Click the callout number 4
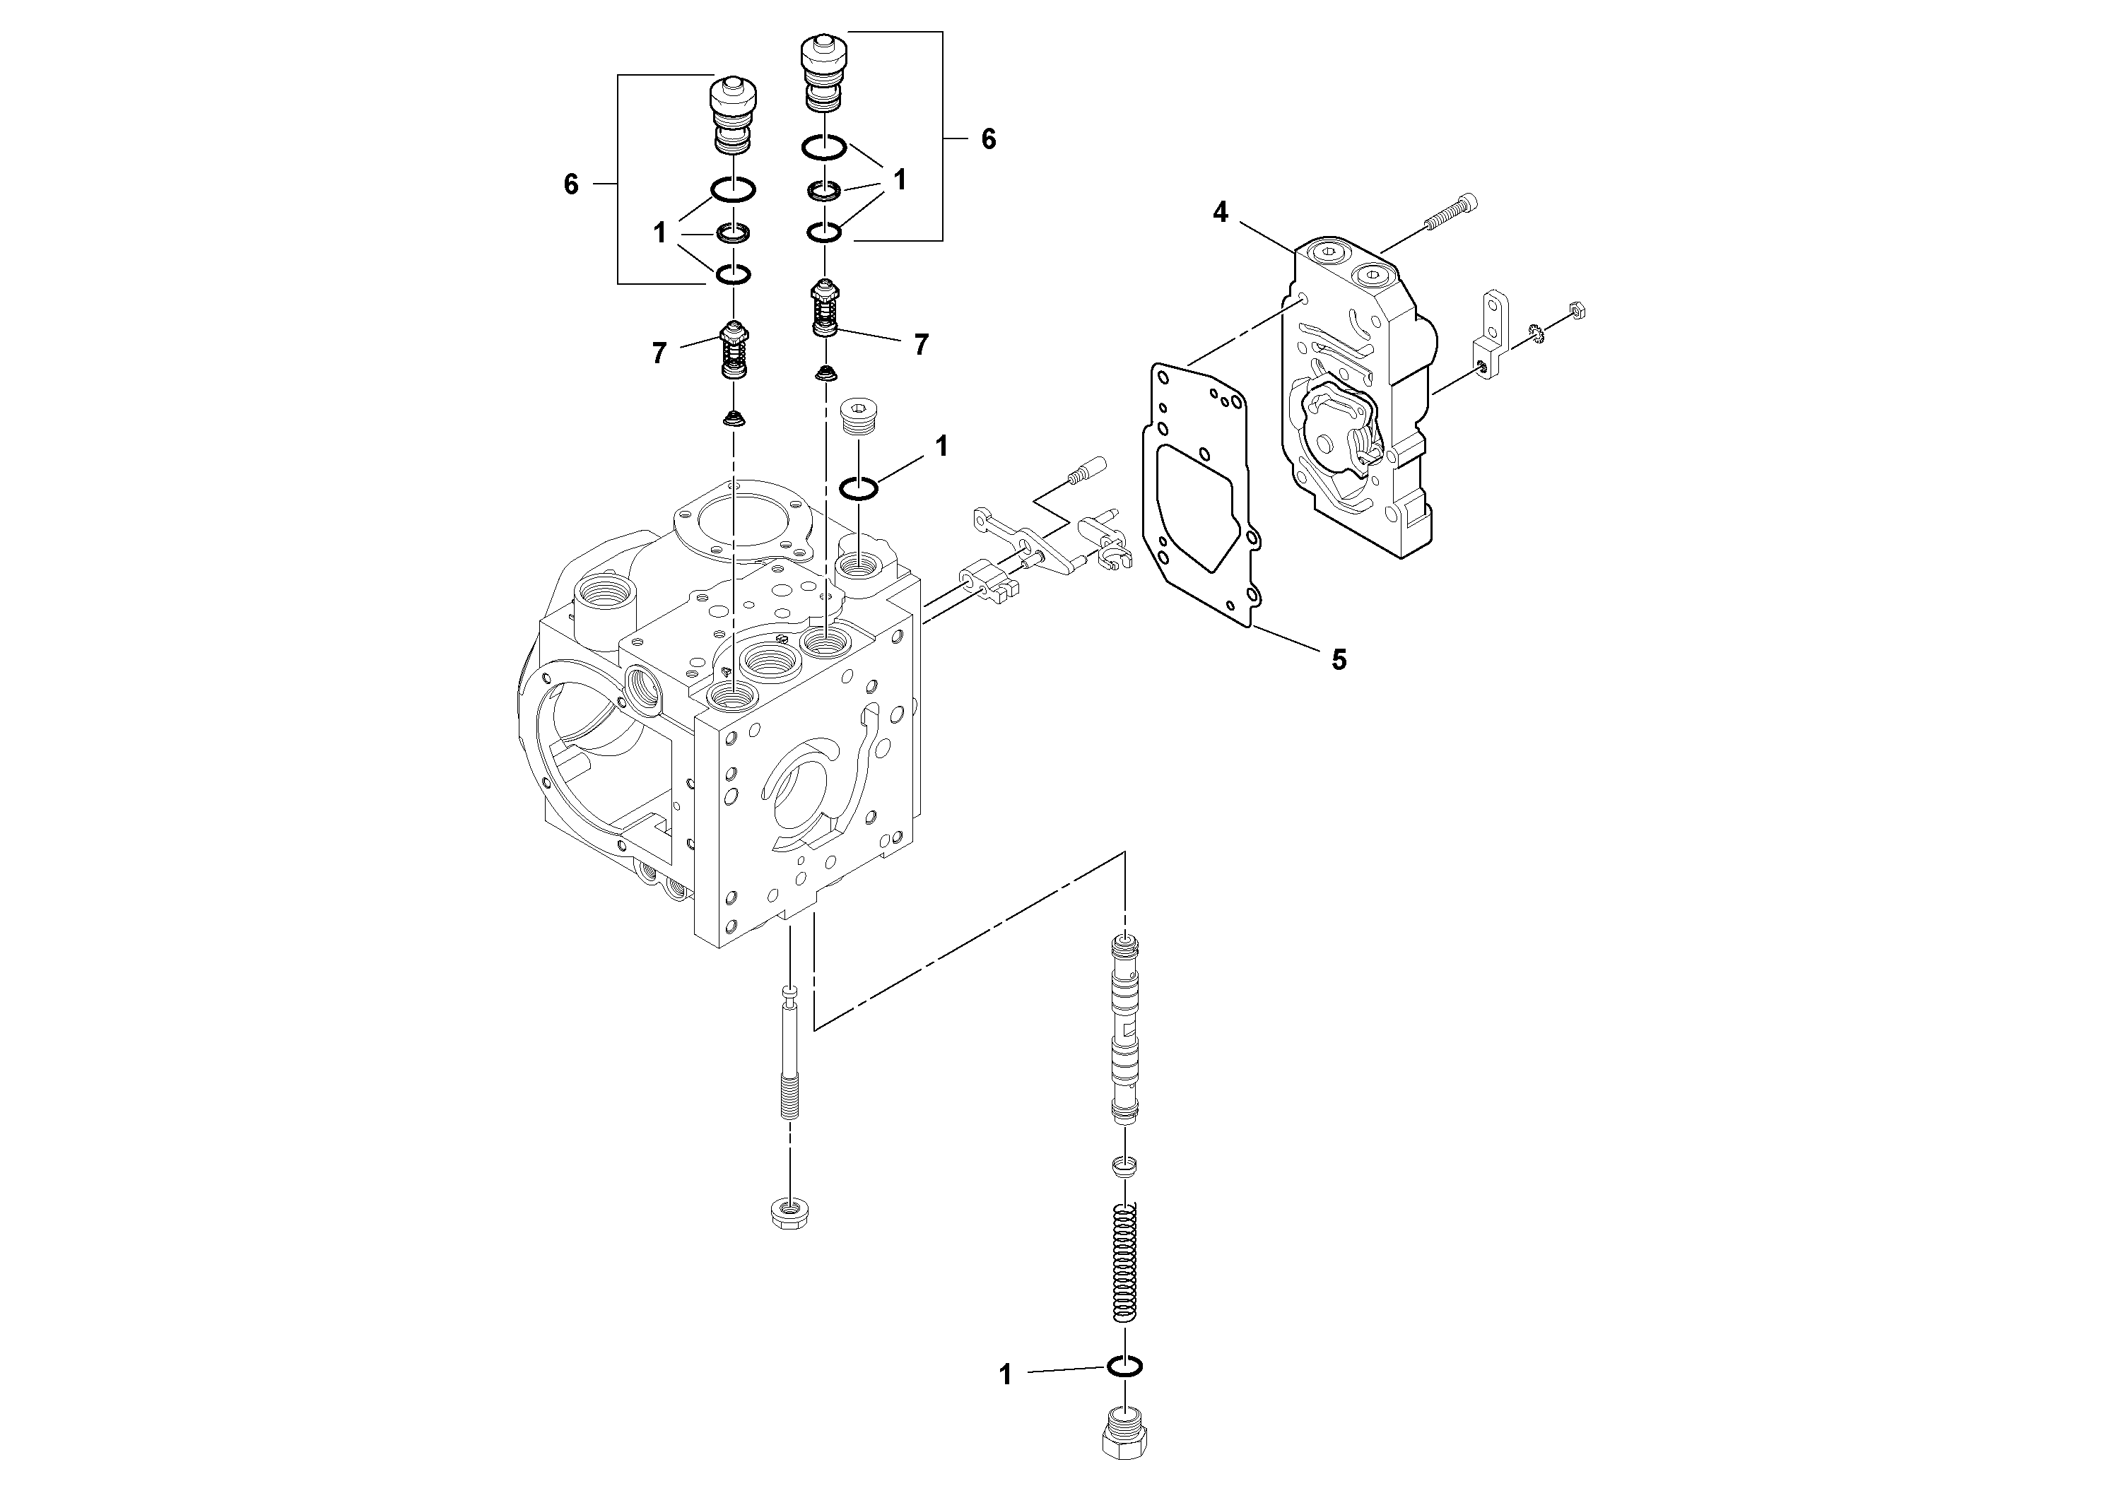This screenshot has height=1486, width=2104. [x=1220, y=213]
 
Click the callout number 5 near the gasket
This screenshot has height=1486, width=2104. [x=1339, y=660]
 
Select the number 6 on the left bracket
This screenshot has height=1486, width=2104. [x=571, y=185]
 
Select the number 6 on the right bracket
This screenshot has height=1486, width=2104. [x=988, y=139]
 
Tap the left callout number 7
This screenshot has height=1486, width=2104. [x=659, y=353]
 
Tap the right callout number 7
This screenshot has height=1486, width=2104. [x=921, y=345]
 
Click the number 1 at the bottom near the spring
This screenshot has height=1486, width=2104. [x=1005, y=1401]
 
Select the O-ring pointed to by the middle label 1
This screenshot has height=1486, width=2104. [x=859, y=488]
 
